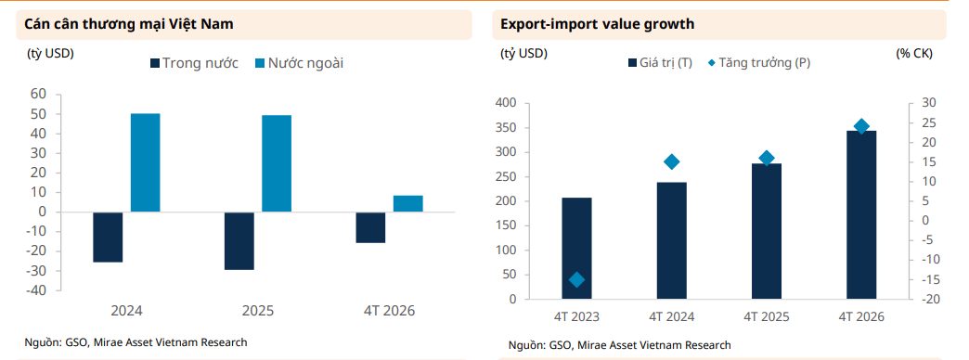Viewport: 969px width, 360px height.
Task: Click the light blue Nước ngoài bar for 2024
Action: (x=145, y=163)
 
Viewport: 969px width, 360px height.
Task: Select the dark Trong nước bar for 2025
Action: (x=239, y=241)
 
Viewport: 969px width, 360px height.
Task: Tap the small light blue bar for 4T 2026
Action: (x=407, y=204)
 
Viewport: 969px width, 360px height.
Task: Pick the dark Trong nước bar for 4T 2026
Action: (x=370, y=227)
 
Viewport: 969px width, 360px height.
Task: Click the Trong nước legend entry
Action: (x=194, y=63)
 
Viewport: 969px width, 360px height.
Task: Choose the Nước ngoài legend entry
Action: (x=299, y=63)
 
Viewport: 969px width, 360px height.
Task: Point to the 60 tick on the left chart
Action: (x=38, y=94)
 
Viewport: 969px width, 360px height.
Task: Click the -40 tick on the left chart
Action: (x=36, y=290)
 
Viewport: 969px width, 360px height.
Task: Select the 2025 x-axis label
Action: (x=258, y=311)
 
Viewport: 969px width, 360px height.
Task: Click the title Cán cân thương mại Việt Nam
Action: (x=128, y=25)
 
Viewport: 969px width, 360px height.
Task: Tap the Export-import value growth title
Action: (x=597, y=25)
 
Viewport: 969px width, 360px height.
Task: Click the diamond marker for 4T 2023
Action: (x=576, y=279)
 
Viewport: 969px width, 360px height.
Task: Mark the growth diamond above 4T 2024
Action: (x=672, y=161)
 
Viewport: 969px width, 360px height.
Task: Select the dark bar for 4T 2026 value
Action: (x=861, y=215)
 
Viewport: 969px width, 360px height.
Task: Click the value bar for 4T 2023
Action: (x=576, y=249)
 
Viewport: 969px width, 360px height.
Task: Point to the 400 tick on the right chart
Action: (x=505, y=103)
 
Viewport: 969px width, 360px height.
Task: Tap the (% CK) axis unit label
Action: (x=914, y=54)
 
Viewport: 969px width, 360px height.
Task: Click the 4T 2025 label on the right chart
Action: (x=767, y=316)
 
